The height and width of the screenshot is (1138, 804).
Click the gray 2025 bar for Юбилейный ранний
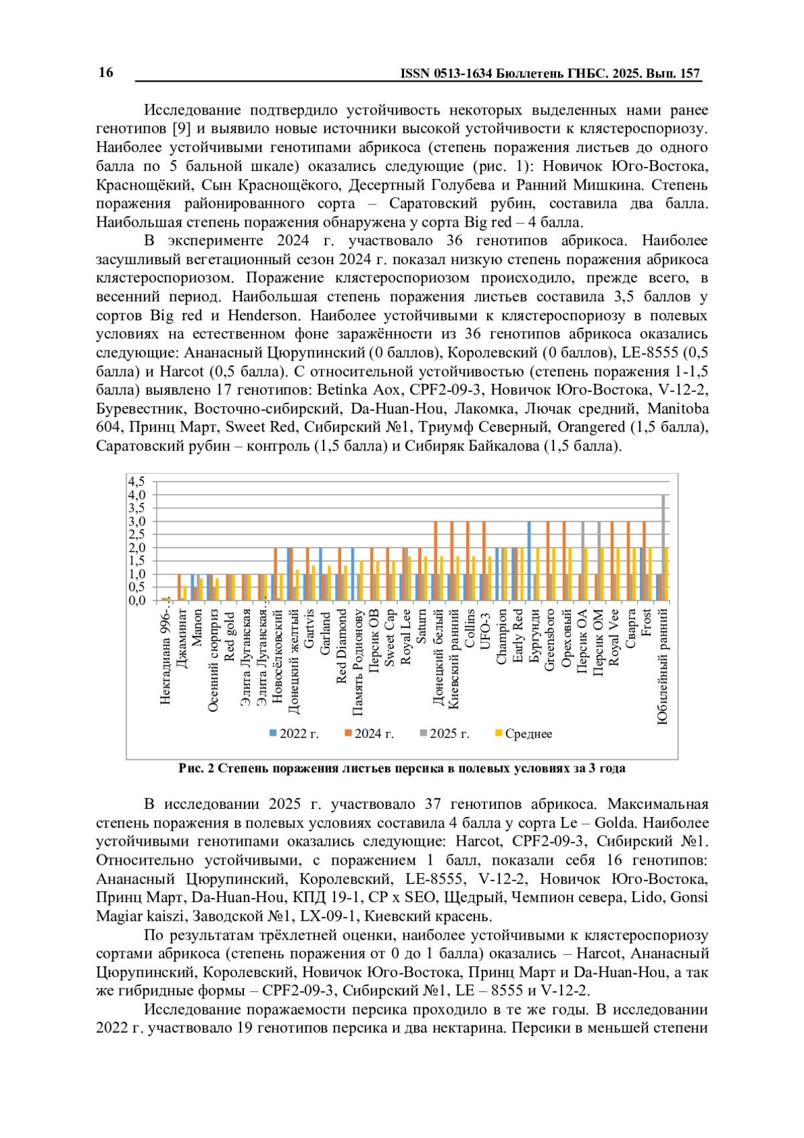click(x=663, y=548)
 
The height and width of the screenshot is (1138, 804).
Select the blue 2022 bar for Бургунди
click(x=529, y=561)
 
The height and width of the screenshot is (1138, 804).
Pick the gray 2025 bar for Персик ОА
click(x=583, y=561)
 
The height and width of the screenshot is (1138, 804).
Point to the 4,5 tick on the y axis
click(x=136, y=481)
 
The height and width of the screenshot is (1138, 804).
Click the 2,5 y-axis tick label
click(x=136, y=534)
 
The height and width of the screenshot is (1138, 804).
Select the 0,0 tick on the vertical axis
click(x=136, y=600)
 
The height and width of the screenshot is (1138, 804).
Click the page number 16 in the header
click(x=106, y=73)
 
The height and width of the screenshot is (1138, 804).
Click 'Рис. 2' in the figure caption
click(x=196, y=768)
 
